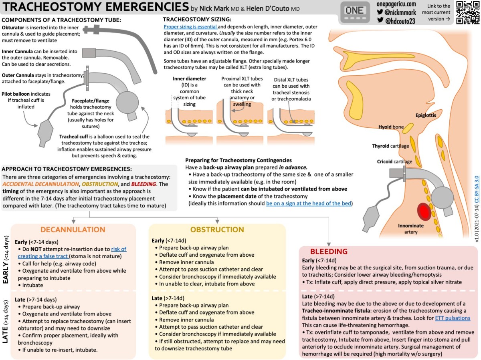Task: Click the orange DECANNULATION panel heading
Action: click(73, 229)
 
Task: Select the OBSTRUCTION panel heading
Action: click(217, 229)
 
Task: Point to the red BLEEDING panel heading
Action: click(329, 251)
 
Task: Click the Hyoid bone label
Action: click(391, 127)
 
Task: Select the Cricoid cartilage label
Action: click(394, 162)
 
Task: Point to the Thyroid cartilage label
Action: click(390, 146)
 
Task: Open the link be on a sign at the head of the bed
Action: click(309, 203)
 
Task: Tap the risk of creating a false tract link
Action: click(96, 253)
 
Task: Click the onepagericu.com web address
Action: click(397, 4)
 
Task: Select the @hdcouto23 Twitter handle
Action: click(401, 21)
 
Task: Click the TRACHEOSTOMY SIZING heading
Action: click(197, 19)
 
